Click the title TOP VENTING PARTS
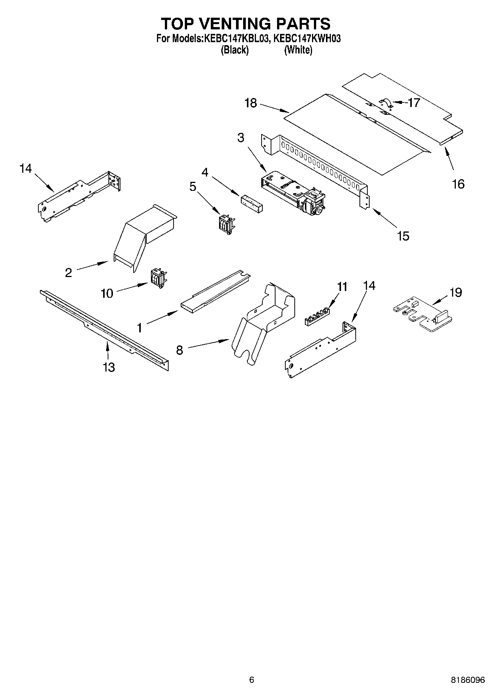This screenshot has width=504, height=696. click(x=246, y=23)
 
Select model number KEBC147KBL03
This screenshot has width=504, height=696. click(x=236, y=38)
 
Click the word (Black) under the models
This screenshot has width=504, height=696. click(x=234, y=50)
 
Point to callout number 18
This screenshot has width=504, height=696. click(x=250, y=103)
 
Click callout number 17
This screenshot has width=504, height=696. click(x=414, y=102)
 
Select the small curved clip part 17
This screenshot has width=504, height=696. click(x=385, y=103)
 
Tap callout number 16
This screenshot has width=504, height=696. click(x=458, y=184)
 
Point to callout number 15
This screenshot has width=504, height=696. click(x=403, y=236)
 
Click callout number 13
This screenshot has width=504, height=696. click(x=109, y=367)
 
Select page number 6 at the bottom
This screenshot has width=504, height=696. click(x=251, y=680)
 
